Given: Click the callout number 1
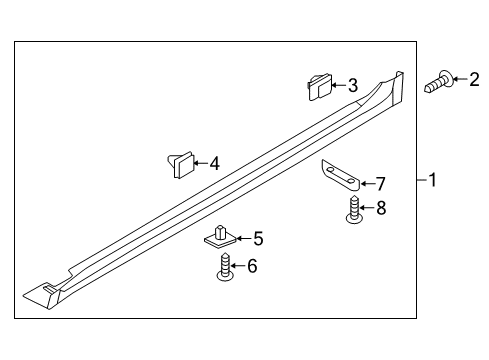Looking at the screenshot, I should pyautogui.click(x=433, y=181).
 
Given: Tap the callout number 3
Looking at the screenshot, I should pyautogui.click(x=352, y=86).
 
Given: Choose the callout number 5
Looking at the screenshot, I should pyautogui.click(x=258, y=238).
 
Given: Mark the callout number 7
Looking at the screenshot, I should pyautogui.click(x=379, y=183).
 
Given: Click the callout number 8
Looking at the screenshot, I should pyautogui.click(x=380, y=208).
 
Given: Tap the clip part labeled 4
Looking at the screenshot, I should pyautogui.click(x=179, y=162).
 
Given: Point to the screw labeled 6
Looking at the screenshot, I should pyautogui.click(x=225, y=268).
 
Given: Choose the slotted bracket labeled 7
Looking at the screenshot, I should pyautogui.click(x=339, y=176).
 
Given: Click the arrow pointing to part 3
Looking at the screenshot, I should pyautogui.click(x=338, y=86).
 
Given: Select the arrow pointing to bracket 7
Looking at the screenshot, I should pyautogui.click(x=365, y=183).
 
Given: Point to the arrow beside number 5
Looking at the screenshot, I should pyautogui.click(x=244, y=238).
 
